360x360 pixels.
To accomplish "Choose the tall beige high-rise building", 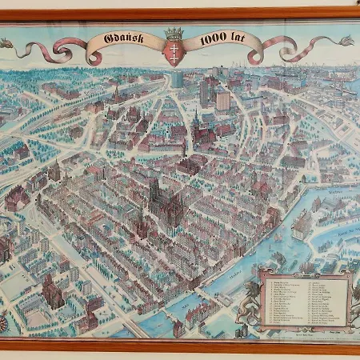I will (x=222, y=99).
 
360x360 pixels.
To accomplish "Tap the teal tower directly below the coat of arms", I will (x=175, y=78).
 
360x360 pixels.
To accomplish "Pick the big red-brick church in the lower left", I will (x=52, y=293).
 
